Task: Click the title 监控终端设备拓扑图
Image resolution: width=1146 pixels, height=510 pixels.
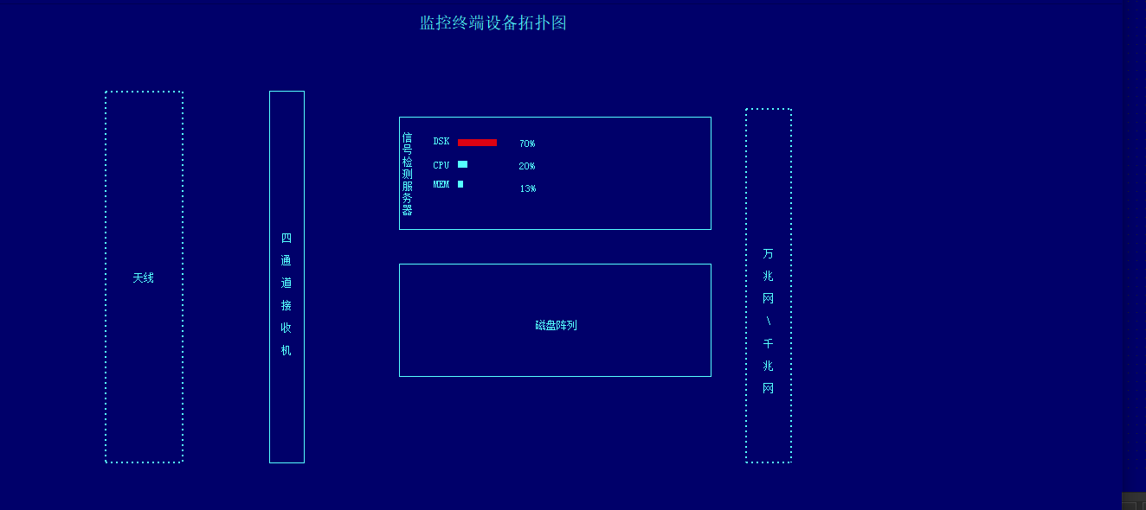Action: click(x=493, y=23)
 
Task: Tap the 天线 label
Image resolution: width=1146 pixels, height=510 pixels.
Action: click(x=144, y=278)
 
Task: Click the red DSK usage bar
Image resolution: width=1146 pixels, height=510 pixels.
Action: click(x=477, y=143)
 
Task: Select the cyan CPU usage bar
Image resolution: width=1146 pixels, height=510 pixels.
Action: click(x=463, y=164)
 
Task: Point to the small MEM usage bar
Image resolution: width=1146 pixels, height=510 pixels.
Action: click(x=460, y=184)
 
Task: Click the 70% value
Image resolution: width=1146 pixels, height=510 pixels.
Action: click(x=527, y=143)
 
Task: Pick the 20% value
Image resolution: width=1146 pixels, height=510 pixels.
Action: click(x=527, y=166)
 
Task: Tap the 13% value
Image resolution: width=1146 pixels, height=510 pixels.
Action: click(x=528, y=188)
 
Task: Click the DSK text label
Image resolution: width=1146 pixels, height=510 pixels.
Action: click(x=441, y=142)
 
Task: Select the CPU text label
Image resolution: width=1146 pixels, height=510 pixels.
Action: click(x=441, y=165)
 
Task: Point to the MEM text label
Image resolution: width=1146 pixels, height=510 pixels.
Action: click(x=441, y=184)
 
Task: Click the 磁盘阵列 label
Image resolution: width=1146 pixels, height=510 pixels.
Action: click(x=556, y=326)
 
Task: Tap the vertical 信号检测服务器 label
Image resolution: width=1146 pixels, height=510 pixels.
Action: click(x=408, y=174)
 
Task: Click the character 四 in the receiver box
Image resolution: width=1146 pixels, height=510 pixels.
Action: click(x=286, y=238)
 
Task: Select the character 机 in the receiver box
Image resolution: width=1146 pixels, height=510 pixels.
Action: click(x=286, y=351)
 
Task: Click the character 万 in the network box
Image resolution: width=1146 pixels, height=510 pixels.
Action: click(x=769, y=254)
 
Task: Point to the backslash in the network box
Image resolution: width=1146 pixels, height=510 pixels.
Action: click(x=769, y=322)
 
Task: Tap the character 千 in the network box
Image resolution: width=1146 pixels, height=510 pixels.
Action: click(x=769, y=344)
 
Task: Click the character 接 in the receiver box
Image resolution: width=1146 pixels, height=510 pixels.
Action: click(x=286, y=306)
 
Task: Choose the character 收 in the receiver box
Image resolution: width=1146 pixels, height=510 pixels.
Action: click(x=286, y=328)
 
